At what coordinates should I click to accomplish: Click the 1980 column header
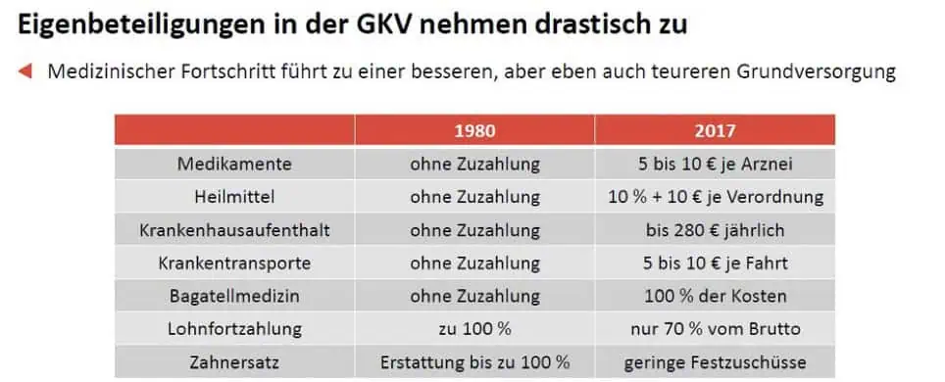474,130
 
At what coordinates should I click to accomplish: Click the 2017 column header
715,130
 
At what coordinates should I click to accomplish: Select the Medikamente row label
234,164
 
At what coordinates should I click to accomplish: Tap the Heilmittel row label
234,197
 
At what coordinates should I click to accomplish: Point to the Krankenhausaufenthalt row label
234,230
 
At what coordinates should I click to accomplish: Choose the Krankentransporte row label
234,263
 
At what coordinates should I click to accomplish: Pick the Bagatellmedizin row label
234,296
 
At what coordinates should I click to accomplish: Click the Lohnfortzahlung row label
234,329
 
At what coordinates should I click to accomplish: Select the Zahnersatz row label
234,362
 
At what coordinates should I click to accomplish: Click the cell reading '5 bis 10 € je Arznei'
715,164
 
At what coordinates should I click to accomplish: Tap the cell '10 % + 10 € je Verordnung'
715,197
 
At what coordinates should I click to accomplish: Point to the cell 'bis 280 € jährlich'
715,230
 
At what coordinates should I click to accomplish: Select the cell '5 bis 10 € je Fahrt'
715,263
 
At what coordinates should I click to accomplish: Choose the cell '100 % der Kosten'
715,296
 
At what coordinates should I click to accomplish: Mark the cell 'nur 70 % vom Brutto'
715,329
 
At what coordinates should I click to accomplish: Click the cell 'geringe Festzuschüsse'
715,362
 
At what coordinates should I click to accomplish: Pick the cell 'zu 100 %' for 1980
474,329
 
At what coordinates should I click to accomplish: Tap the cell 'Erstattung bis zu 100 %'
474,362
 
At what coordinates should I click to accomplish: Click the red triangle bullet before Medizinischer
26,71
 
